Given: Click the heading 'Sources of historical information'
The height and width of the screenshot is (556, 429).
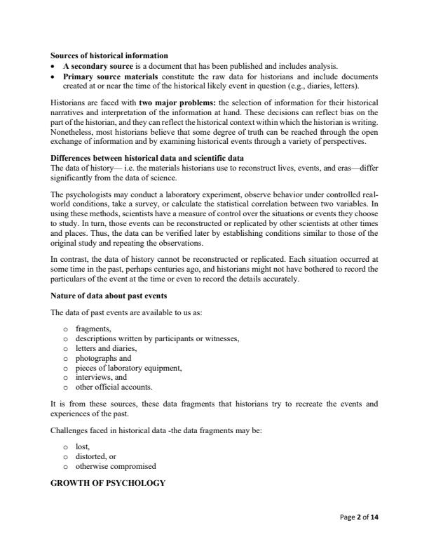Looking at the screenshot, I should pos(109,55).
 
